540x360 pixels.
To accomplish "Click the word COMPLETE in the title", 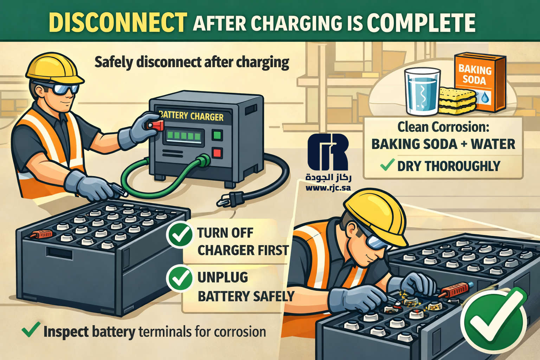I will click(x=421, y=23).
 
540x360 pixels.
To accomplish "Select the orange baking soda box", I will click(x=480, y=83).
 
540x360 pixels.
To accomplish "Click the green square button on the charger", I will click(x=217, y=135).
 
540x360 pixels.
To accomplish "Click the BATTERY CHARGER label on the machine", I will click(x=192, y=116).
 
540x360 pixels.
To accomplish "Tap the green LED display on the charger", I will click(x=185, y=136).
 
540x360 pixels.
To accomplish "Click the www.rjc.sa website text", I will click(x=328, y=188).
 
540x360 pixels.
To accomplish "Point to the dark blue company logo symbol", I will click(x=328, y=152).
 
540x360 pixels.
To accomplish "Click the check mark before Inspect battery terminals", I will click(x=31, y=330).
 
